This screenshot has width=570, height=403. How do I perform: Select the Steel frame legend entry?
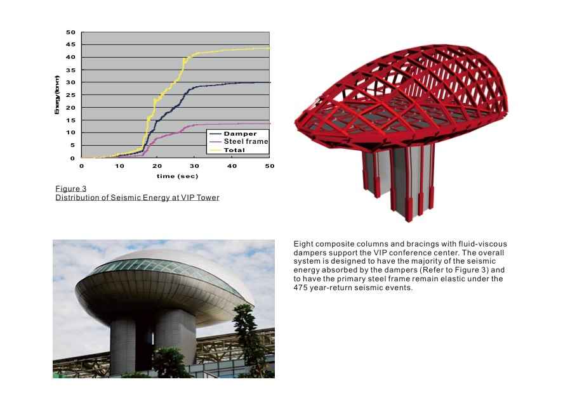coord(239,141)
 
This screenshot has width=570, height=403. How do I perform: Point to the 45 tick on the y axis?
coord(70,44)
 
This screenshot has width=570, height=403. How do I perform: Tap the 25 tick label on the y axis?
coord(70,94)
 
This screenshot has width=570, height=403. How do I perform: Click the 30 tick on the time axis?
coord(194,166)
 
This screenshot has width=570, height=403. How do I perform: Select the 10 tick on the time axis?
coord(119,166)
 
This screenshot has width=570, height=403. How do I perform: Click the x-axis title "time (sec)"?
coord(177,176)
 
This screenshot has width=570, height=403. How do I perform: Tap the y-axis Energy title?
coord(56,95)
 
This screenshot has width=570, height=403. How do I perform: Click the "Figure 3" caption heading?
coord(71,189)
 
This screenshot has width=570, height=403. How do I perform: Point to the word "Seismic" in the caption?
coord(126,198)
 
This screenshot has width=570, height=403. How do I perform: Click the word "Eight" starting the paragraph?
coord(303,244)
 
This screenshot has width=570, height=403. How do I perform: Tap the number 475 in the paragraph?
coord(300,288)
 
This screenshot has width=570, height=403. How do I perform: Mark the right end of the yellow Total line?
coord(270,48)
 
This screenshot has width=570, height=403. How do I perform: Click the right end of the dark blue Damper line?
coord(270,83)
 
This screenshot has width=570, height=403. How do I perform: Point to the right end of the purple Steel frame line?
coord(270,124)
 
